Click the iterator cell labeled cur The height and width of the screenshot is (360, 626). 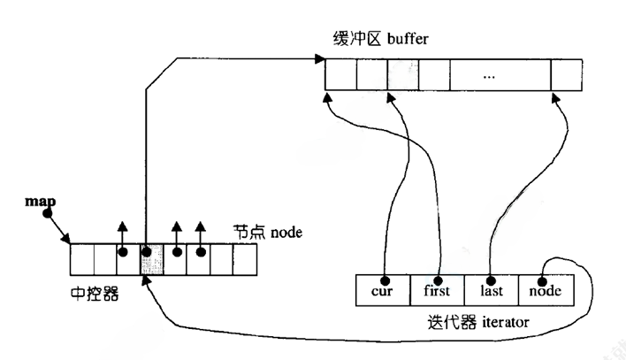[382, 289]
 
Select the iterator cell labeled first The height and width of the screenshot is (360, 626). [437, 289]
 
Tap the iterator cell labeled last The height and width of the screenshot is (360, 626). [491, 289]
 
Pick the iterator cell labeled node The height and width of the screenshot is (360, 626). [546, 289]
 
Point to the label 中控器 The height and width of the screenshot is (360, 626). [95, 292]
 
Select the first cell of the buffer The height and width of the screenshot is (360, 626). [340, 75]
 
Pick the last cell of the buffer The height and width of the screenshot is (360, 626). [567, 75]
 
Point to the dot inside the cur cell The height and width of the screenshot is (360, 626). [386, 272]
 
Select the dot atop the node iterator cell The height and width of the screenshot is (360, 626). [544, 272]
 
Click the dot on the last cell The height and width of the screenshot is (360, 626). [491, 272]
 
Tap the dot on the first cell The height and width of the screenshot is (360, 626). [438, 272]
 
